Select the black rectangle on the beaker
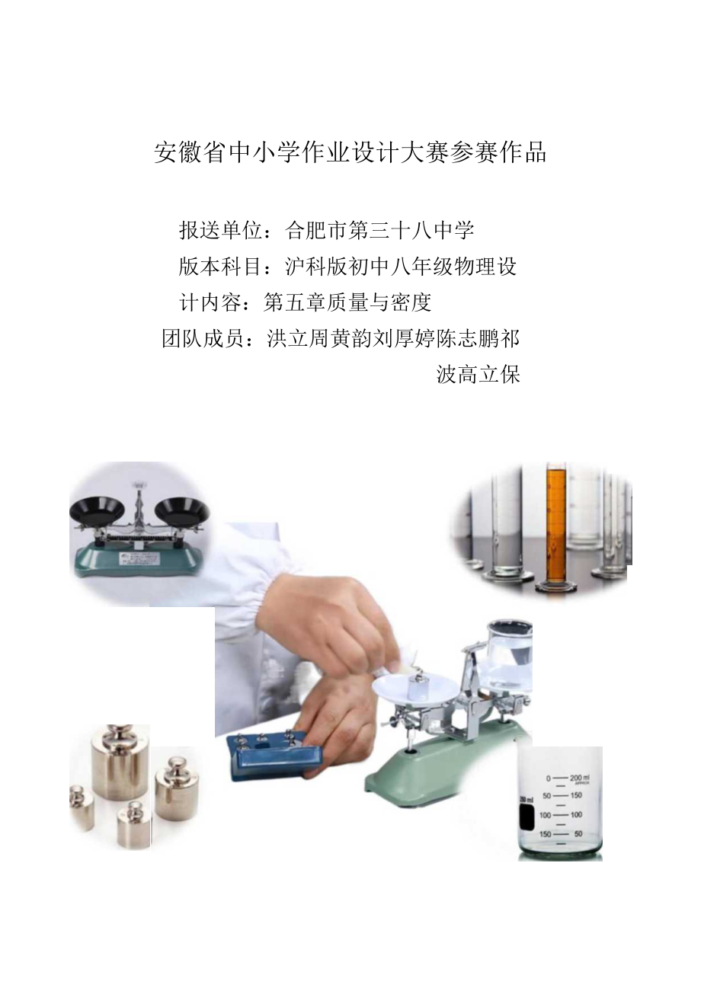tap(525, 817)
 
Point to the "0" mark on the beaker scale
tap(547, 778)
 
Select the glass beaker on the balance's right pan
tap(508, 648)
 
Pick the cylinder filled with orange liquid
tap(556, 526)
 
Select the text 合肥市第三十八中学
tap(380, 229)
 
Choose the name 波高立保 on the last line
tap(478, 374)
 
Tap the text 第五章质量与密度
tap(347, 302)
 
